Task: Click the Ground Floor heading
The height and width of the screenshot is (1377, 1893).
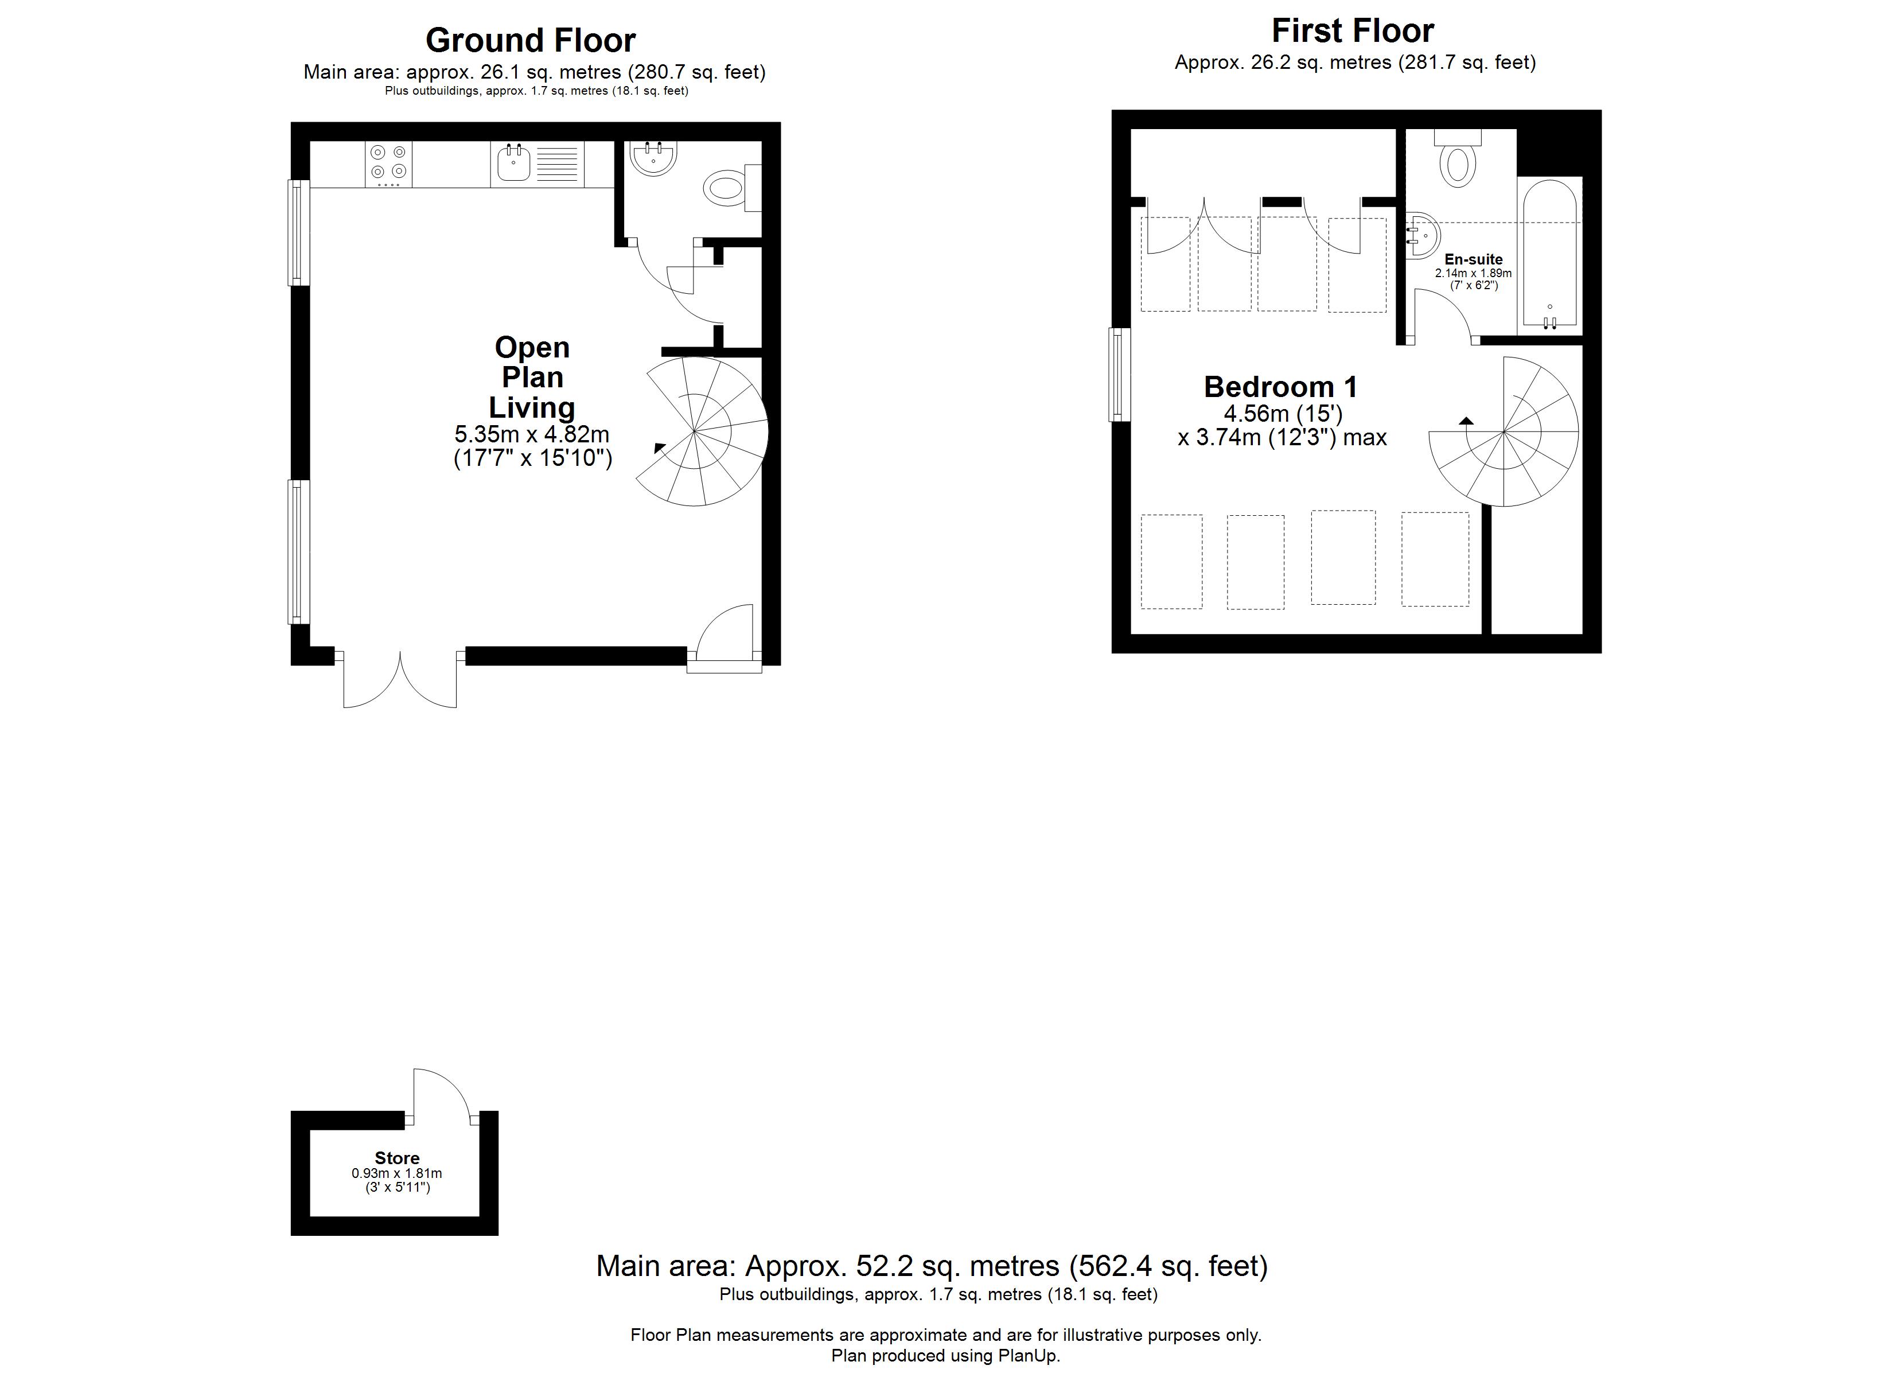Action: pyautogui.click(x=530, y=41)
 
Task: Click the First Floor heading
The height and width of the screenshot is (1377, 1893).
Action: pyautogui.click(x=1352, y=32)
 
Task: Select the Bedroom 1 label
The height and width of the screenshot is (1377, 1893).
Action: pyautogui.click(x=1280, y=387)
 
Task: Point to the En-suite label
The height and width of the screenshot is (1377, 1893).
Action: pyautogui.click(x=1473, y=260)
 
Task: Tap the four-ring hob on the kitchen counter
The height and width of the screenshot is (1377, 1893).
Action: pyautogui.click(x=388, y=164)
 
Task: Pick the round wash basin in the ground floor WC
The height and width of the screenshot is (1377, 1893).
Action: pyautogui.click(x=653, y=158)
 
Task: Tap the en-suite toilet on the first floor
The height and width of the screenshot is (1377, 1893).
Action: pyautogui.click(x=1457, y=163)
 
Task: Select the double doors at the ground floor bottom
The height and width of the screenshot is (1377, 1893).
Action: pyautogui.click(x=400, y=680)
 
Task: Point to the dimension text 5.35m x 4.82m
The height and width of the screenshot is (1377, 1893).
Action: pyautogui.click(x=532, y=434)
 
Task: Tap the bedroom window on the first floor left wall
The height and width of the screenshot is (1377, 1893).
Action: pyautogui.click(x=1119, y=374)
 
